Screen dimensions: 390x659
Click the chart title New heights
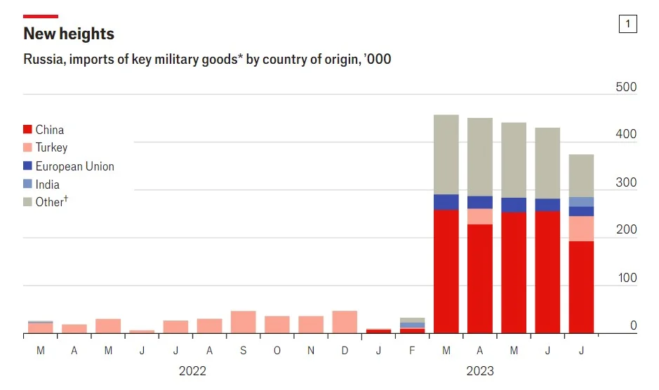click(x=69, y=34)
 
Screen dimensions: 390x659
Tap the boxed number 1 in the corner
click(x=627, y=24)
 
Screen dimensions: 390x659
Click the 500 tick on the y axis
click(x=626, y=88)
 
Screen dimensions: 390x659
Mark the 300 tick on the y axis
click(x=626, y=183)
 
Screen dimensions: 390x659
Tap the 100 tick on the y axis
click(x=626, y=278)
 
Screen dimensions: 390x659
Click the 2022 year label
click(x=192, y=371)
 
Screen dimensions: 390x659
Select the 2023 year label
click(x=479, y=371)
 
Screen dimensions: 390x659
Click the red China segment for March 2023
click(x=446, y=271)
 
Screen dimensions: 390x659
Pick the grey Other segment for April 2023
click(x=480, y=156)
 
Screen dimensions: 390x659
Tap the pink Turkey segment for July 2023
click(x=581, y=229)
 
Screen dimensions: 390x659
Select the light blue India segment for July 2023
click(x=581, y=202)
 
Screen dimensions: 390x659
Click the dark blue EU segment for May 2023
click(x=514, y=205)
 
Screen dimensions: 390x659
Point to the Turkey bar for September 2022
click(x=243, y=322)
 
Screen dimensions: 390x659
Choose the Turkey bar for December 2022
click(x=345, y=322)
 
